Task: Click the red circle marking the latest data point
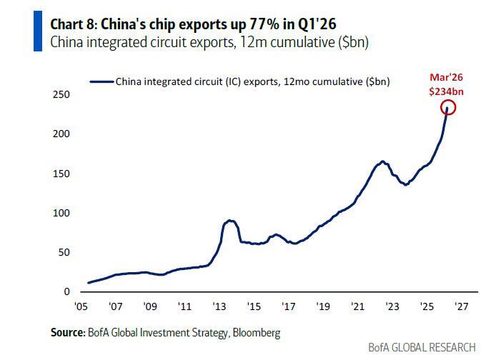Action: [x=448, y=108]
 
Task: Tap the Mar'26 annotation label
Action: [x=447, y=78]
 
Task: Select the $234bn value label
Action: [x=447, y=91]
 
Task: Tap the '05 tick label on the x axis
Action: [x=80, y=306]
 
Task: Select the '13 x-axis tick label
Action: [x=219, y=306]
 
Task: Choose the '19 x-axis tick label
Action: [x=323, y=306]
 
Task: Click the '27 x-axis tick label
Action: [x=462, y=306]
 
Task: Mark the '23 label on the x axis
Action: [x=392, y=306]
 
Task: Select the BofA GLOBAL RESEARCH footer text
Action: [x=422, y=347]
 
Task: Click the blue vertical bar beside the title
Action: [x=37, y=31]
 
